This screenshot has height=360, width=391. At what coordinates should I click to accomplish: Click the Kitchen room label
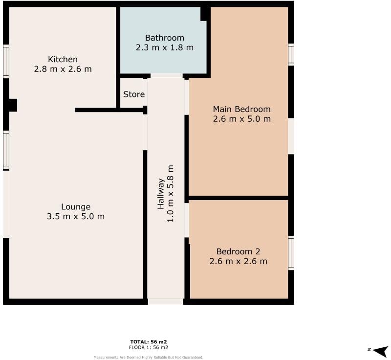click(63, 59)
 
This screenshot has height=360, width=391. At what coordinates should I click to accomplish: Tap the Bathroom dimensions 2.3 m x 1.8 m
click(164, 47)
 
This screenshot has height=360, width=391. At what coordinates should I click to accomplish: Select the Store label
click(133, 94)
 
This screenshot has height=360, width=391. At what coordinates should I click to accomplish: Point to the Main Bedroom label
click(241, 109)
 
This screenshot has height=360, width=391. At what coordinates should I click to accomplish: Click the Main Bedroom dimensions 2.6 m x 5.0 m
click(241, 119)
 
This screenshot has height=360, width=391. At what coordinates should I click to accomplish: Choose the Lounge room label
click(76, 206)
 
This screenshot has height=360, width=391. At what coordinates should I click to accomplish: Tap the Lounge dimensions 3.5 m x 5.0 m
click(76, 216)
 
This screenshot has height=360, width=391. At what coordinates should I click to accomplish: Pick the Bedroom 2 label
click(238, 251)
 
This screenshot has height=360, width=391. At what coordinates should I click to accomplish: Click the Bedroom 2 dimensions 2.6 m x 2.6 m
click(238, 261)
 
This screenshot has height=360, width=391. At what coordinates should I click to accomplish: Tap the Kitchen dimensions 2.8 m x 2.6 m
click(63, 69)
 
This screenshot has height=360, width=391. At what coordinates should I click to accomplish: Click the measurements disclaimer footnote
click(149, 357)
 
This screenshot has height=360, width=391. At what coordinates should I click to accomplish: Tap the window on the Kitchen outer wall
click(6, 61)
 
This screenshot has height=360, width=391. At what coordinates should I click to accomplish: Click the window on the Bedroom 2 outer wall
click(291, 253)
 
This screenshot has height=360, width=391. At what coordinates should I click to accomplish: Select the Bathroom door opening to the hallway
click(166, 76)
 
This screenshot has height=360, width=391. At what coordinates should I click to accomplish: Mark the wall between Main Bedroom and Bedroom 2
click(238, 198)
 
